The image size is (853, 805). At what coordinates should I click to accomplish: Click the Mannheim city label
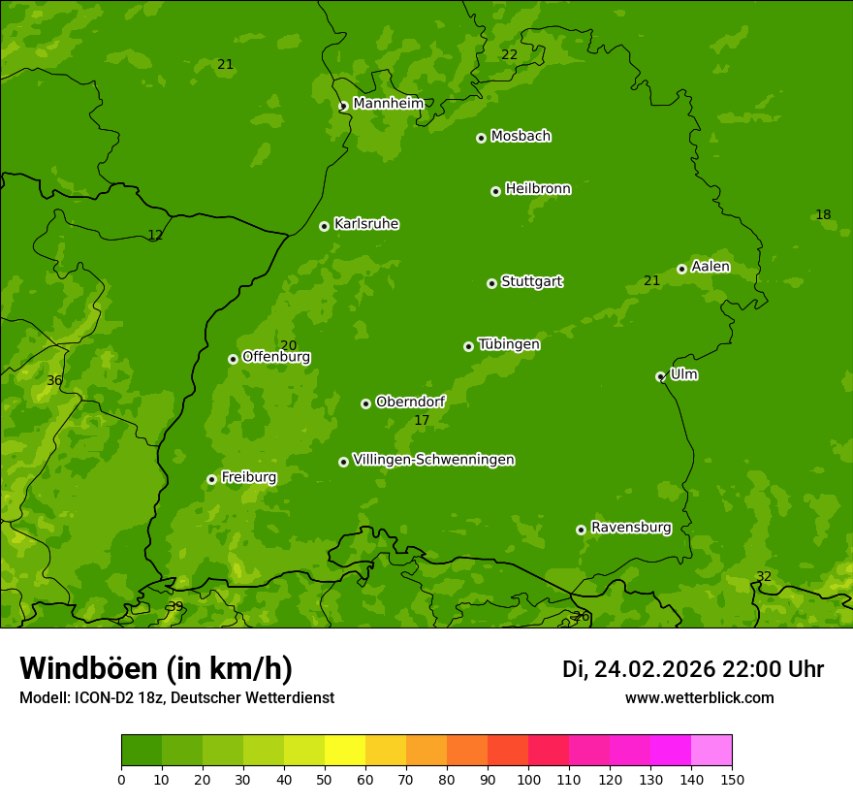388,103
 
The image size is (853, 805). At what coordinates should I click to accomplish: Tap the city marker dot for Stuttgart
491,283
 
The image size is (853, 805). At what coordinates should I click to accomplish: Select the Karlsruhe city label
366,224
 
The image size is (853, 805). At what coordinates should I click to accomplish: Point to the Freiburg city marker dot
211,479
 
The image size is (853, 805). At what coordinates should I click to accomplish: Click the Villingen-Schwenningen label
433,460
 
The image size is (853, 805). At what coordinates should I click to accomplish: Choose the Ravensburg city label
631,528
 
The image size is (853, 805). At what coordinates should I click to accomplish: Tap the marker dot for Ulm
660,376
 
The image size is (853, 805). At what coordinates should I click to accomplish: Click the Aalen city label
711,267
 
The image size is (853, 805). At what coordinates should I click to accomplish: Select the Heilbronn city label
538,189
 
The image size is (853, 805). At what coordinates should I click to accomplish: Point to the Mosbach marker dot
481,138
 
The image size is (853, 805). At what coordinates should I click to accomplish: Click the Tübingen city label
509,344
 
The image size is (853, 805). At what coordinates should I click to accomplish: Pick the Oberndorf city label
410,402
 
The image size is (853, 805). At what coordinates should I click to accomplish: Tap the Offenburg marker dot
233,359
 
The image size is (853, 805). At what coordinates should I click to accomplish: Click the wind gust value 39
175,606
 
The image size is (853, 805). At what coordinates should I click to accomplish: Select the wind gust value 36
54,381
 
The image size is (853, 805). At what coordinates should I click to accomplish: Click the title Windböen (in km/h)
156,668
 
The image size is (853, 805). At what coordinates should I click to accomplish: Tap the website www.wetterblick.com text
699,697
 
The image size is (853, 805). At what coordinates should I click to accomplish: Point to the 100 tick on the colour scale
528,779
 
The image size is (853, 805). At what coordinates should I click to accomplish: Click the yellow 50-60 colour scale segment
345,751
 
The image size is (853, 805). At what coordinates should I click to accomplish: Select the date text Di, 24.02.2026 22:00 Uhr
692,669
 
